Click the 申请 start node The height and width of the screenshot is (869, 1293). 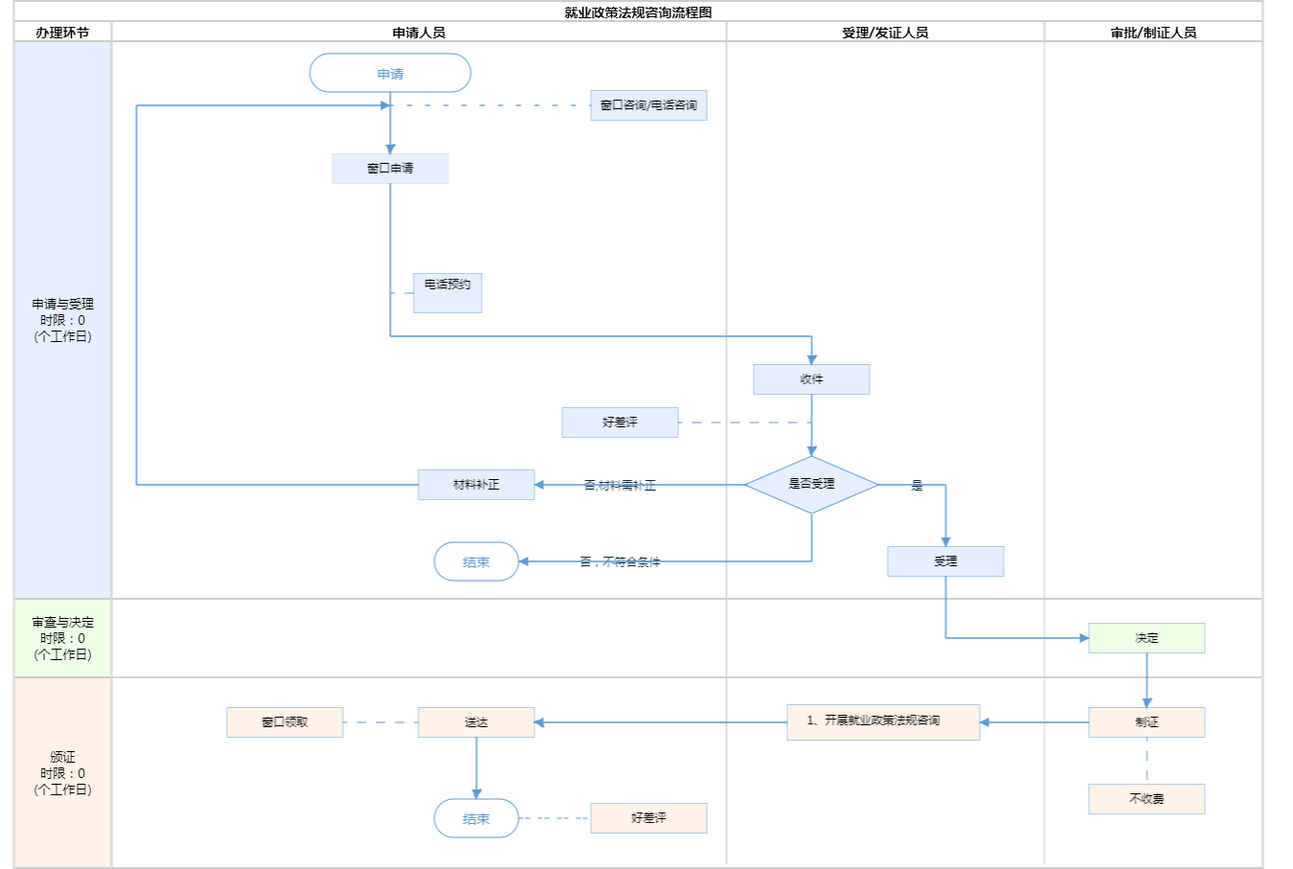point(390,73)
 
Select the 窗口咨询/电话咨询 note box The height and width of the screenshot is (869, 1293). point(648,105)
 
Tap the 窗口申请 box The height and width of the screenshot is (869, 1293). point(390,169)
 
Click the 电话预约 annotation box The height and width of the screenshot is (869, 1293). point(447,292)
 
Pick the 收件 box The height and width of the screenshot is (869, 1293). point(811,379)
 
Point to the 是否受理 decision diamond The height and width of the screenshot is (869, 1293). point(811,484)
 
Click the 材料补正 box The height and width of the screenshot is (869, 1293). point(476,485)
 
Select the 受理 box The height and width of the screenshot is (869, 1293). point(945,561)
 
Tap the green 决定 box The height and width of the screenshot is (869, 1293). point(1146,638)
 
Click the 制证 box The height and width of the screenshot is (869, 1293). point(1146,722)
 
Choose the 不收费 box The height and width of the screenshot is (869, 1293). point(1146,799)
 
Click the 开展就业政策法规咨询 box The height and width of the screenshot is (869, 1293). point(883,721)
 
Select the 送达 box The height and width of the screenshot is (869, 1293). point(476,722)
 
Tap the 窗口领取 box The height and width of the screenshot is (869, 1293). point(284,722)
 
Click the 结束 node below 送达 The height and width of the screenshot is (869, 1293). point(476,818)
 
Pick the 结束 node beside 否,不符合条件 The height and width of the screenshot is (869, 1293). point(476,561)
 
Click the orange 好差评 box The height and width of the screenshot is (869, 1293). point(648,818)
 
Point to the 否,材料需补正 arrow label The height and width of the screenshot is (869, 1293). point(620,486)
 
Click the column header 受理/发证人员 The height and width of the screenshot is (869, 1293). point(885,33)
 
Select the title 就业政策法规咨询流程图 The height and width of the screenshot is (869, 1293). point(638,12)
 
